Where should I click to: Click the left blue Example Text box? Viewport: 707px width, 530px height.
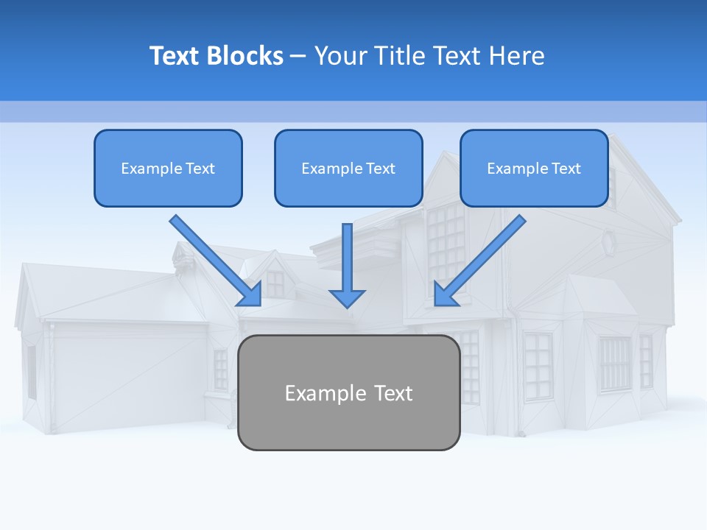(x=168, y=168)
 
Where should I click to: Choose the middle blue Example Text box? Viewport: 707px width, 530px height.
(x=348, y=168)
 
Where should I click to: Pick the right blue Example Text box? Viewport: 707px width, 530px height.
(x=534, y=168)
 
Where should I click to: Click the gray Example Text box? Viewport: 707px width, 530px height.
(x=348, y=392)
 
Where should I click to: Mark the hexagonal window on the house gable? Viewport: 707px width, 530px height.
(x=608, y=241)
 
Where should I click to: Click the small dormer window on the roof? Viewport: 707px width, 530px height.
(x=275, y=283)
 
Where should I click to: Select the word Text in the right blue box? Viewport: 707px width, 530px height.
(x=566, y=168)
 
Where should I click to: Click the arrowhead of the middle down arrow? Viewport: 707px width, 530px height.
(x=347, y=297)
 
